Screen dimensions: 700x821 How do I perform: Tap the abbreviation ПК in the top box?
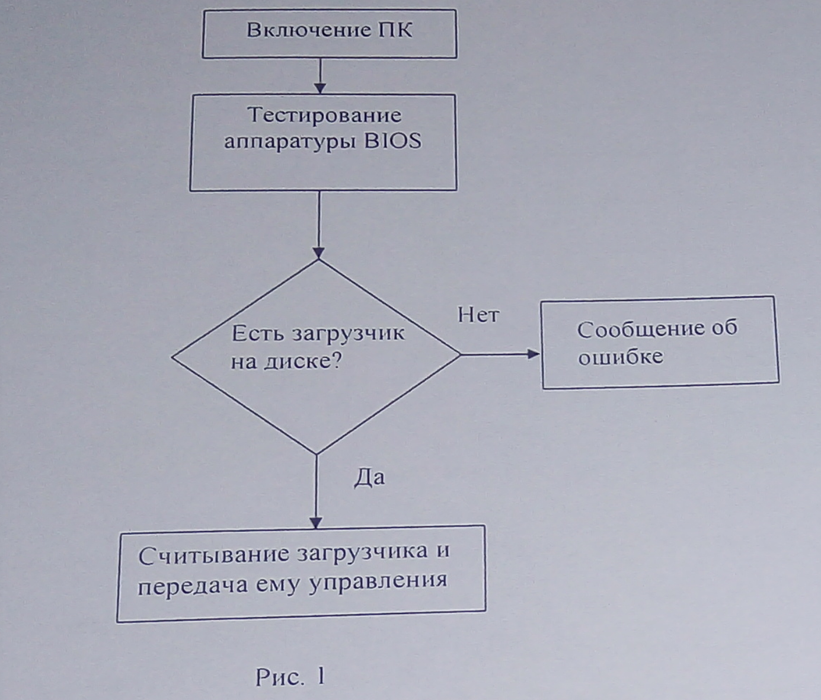point(395,30)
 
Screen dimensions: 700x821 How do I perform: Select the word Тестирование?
point(324,114)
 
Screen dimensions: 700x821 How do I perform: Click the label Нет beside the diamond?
point(478,315)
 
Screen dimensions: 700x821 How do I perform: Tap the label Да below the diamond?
point(369,477)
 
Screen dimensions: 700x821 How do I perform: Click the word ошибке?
point(620,357)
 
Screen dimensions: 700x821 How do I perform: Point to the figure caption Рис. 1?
point(290,676)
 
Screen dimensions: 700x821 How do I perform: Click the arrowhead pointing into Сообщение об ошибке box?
point(533,354)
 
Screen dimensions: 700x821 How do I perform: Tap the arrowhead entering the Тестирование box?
point(320,88)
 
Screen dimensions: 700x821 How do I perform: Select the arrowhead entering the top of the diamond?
point(319,253)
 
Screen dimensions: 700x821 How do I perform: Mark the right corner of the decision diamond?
point(460,354)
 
